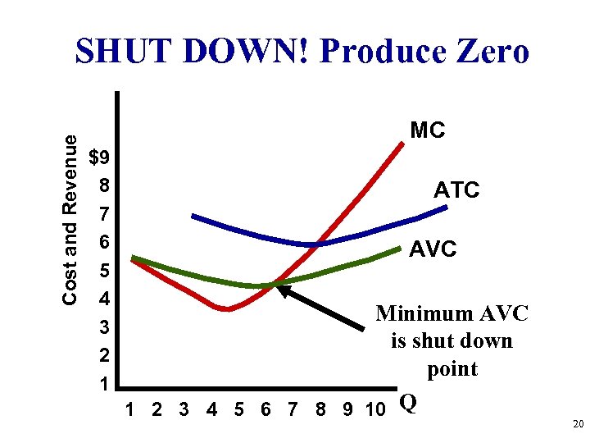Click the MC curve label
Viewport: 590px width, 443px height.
click(x=428, y=130)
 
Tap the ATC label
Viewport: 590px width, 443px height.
click(x=456, y=190)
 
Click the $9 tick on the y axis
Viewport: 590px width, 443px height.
click(x=102, y=157)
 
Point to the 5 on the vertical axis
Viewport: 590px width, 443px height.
click(x=104, y=270)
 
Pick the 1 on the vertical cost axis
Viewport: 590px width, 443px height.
click(x=104, y=384)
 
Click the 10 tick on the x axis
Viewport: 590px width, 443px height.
click(x=374, y=409)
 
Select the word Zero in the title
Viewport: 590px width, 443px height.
click(x=492, y=53)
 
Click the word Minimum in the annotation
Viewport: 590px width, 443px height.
click(x=424, y=313)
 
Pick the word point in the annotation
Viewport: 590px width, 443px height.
click(x=452, y=369)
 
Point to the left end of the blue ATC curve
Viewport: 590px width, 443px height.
click(x=193, y=216)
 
